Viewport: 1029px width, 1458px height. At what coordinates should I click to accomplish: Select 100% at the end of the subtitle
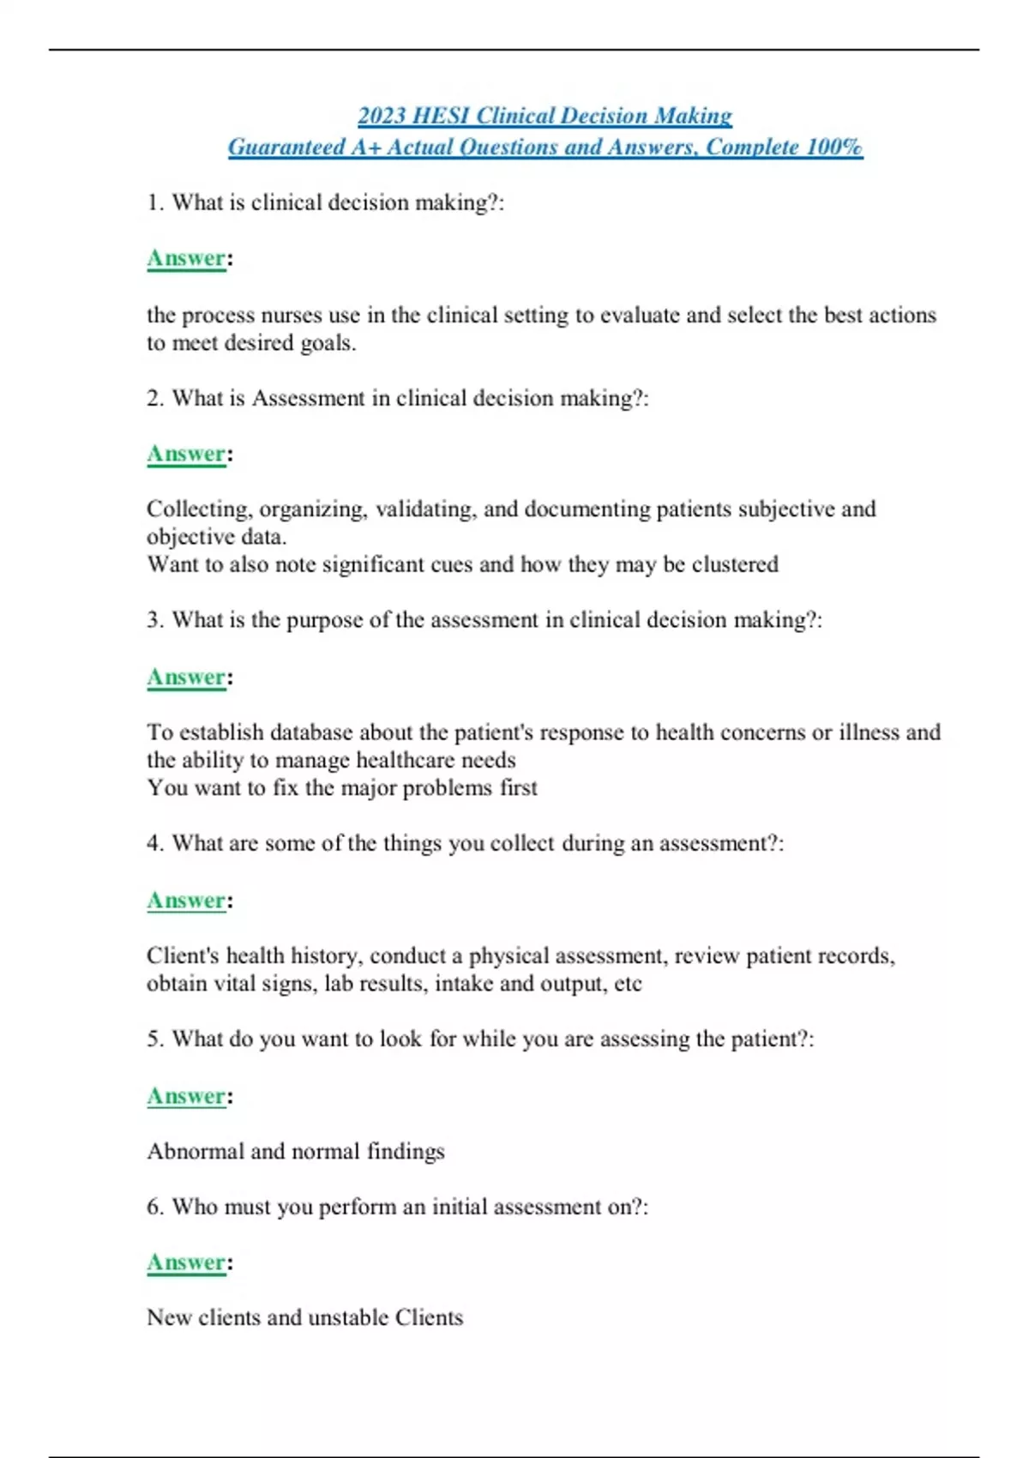click(833, 148)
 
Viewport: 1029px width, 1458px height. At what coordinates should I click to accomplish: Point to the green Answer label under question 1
click(186, 258)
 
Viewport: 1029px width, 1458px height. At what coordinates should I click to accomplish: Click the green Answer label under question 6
click(186, 1262)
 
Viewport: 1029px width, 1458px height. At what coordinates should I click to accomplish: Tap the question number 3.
click(154, 620)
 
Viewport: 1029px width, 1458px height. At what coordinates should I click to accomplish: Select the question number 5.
click(154, 1039)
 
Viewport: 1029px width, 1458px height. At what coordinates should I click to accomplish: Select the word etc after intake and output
click(628, 984)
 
